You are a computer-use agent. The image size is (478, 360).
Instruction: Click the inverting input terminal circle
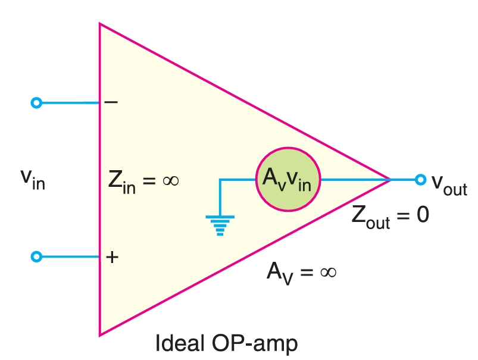click(x=36, y=103)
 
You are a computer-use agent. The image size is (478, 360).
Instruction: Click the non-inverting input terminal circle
click(x=36, y=256)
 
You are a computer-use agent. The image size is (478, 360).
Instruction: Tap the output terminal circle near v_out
click(x=420, y=179)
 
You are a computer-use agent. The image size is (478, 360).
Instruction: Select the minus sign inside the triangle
click(x=111, y=102)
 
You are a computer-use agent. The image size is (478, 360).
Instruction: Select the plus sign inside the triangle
click(x=111, y=257)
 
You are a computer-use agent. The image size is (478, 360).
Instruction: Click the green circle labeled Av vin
click(x=288, y=179)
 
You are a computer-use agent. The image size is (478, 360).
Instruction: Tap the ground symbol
click(x=220, y=225)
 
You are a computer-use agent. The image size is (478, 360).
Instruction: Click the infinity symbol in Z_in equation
click(x=170, y=180)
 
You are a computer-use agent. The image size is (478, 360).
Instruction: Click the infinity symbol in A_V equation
click(x=328, y=272)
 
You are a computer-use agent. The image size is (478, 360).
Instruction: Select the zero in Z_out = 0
click(x=421, y=215)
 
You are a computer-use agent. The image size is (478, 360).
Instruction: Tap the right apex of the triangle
click(x=390, y=179)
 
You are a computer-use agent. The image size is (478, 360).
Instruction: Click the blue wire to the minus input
click(x=68, y=103)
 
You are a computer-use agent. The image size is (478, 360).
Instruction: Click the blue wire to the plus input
click(x=68, y=256)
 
